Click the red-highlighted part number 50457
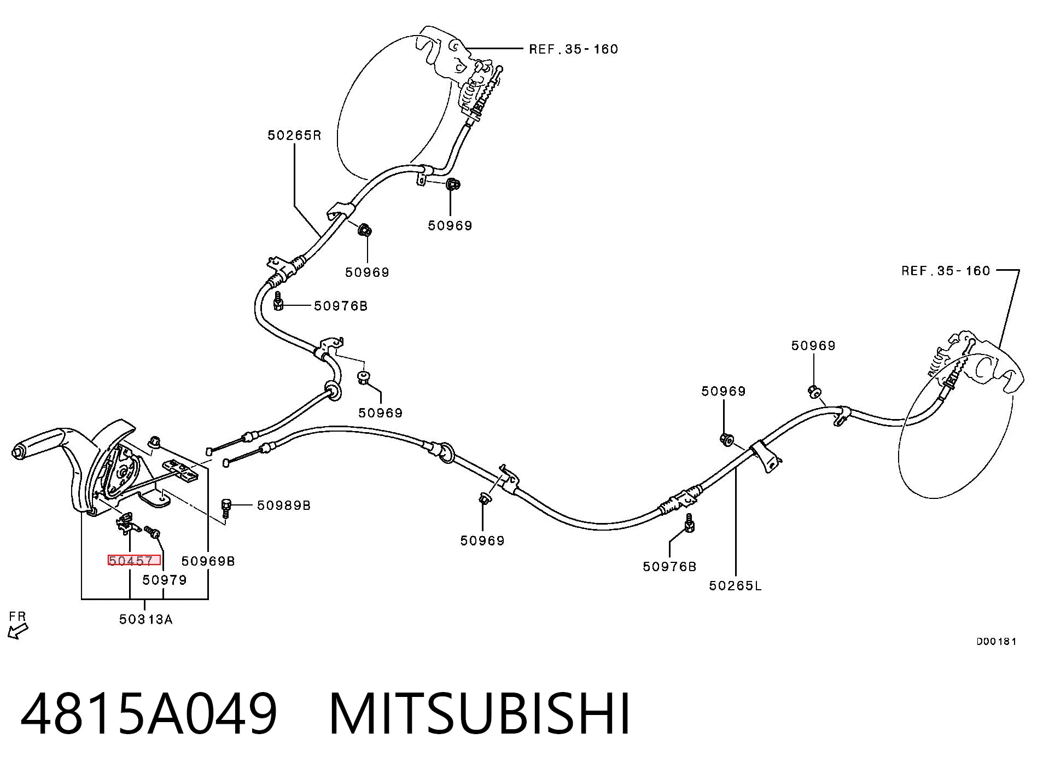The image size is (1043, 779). (x=131, y=561)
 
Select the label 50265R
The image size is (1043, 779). (x=294, y=135)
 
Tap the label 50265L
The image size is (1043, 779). (x=735, y=586)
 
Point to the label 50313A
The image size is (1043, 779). (x=146, y=619)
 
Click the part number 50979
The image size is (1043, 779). (x=165, y=580)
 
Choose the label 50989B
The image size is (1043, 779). (x=284, y=505)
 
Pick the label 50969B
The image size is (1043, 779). (x=208, y=561)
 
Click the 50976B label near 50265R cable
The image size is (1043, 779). (x=341, y=306)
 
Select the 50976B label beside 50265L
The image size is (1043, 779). (x=669, y=567)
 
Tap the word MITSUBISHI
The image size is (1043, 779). (x=480, y=714)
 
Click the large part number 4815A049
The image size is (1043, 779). (x=149, y=714)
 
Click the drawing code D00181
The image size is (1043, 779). (x=997, y=641)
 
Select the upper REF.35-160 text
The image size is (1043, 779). (x=574, y=49)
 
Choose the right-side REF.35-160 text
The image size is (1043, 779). (x=946, y=271)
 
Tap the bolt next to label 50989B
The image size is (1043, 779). (x=226, y=508)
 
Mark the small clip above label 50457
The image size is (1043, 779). (x=127, y=523)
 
